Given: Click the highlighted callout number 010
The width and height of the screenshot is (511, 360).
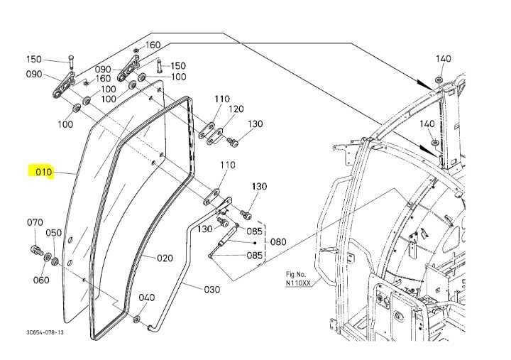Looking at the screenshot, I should tap(40, 172).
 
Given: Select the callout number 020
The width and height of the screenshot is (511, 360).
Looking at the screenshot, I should tap(165, 258).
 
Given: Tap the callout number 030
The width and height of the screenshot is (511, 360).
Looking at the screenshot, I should tap(211, 289).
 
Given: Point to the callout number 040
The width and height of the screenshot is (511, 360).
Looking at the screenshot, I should tap(146, 298).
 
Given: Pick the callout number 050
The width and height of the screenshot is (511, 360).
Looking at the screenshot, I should tap(54, 233).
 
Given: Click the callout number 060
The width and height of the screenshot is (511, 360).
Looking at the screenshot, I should tap(41, 280).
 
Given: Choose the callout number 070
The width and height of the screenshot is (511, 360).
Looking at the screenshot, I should tap(35, 222).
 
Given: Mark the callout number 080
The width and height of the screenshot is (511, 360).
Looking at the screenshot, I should tap(278, 241).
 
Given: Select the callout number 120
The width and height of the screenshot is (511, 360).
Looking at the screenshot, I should tap(236, 109).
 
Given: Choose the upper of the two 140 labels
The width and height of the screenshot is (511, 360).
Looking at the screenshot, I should tap(443, 58).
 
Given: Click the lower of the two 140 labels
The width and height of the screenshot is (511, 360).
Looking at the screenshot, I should tap(427, 124).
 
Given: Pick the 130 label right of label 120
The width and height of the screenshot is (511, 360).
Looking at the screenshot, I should tap(255, 124).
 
